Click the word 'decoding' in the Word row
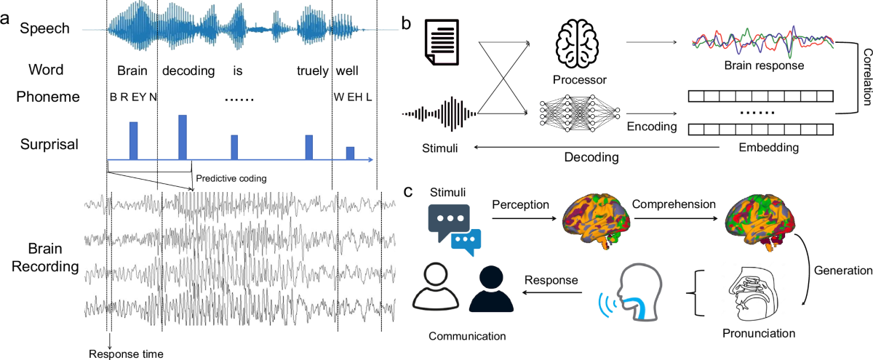tap(188, 71)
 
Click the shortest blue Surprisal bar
tap(350, 153)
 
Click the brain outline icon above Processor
tap(580, 44)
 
